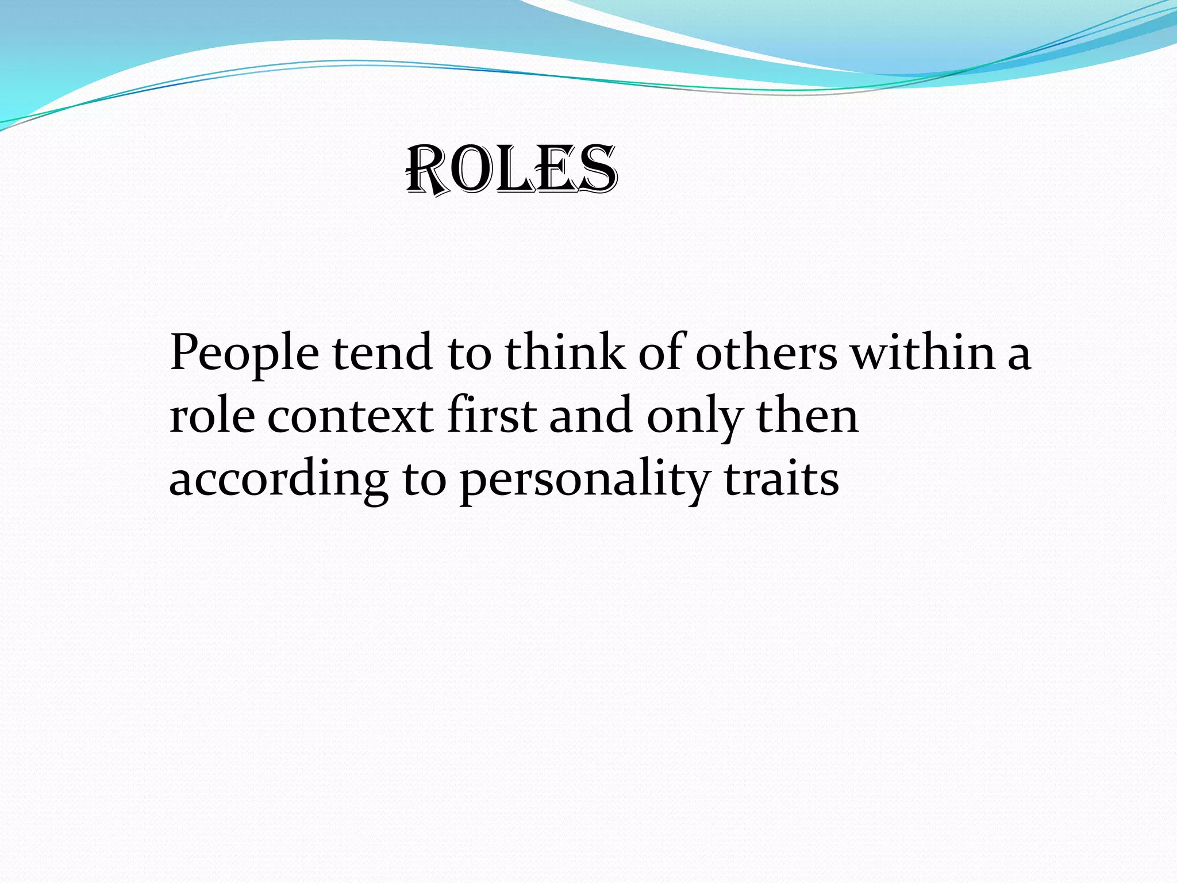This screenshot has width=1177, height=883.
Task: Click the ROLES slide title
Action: (x=511, y=170)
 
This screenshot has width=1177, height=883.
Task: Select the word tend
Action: (x=382, y=352)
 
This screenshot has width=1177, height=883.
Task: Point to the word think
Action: (x=566, y=352)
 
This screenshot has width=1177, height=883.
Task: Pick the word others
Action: (x=767, y=352)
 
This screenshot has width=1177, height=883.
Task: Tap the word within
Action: (x=923, y=352)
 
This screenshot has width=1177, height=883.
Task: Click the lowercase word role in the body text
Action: (x=212, y=415)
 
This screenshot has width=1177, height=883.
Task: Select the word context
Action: (x=350, y=416)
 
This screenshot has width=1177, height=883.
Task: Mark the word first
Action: (x=491, y=415)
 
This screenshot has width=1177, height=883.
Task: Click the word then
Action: (x=807, y=415)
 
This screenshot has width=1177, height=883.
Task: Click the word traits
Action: (x=782, y=478)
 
